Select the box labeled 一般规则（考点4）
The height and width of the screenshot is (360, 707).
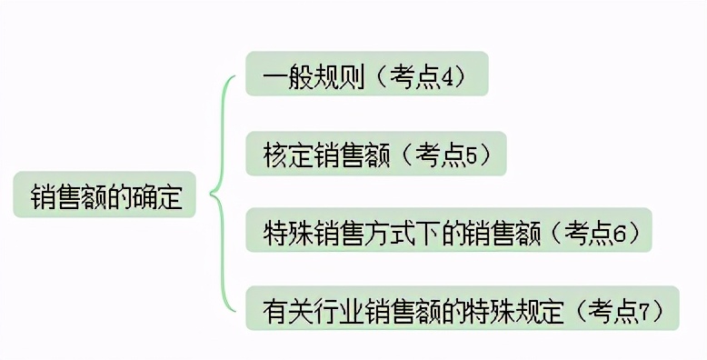coord(366,75)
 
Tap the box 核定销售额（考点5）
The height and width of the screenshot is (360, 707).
coord(374,155)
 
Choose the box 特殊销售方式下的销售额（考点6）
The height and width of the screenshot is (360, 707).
coord(449,233)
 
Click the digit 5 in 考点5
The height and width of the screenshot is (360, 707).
coord(471,155)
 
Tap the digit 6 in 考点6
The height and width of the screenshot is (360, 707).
coord(620,234)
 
